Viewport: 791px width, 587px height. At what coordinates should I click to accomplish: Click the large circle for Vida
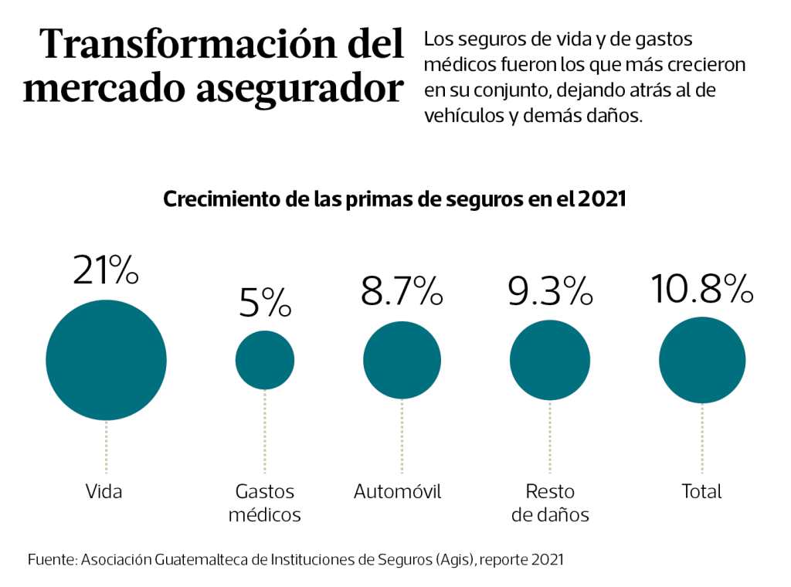pyautogui.click(x=106, y=360)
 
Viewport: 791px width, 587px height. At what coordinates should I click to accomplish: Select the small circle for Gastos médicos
pyautogui.click(x=265, y=360)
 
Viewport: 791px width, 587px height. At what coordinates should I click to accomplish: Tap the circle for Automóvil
pyautogui.click(x=402, y=360)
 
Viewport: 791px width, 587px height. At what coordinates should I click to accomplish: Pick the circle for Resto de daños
pyautogui.click(x=550, y=360)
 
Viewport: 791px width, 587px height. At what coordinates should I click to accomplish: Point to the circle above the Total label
pyautogui.click(x=701, y=360)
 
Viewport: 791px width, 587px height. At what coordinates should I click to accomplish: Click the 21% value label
pyautogui.click(x=106, y=270)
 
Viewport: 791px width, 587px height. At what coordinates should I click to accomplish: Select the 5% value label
pyautogui.click(x=265, y=303)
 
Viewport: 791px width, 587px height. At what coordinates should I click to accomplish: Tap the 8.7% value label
pyautogui.click(x=402, y=291)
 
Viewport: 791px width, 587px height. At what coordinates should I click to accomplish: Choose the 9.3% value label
pyautogui.click(x=550, y=291)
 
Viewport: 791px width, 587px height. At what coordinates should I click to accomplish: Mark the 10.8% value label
pyautogui.click(x=701, y=288)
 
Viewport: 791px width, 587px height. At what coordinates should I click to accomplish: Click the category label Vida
pyautogui.click(x=104, y=491)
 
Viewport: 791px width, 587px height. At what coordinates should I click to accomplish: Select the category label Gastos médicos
pyautogui.click(x=265, y=503)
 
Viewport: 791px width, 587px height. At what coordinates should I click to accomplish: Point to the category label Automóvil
pyautogui.click(x=398, y=491)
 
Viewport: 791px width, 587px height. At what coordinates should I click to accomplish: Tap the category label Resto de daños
pyautogui.click(x=550, y=503)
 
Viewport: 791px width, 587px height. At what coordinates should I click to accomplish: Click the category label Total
pyautogui.click(x=701, y=491)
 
